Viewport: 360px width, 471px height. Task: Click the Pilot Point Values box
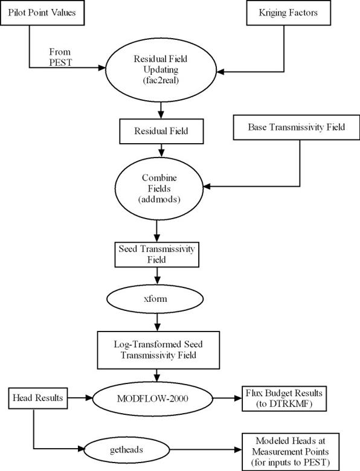tap(42, 13)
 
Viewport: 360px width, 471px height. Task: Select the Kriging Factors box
tap(289, 13)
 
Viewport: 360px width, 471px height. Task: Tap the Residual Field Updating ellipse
tap(161, 70)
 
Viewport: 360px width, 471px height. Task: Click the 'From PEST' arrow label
tap(60, 57)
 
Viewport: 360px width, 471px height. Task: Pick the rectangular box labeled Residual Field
tap(161, 131)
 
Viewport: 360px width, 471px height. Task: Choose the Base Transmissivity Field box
tap(297, 127)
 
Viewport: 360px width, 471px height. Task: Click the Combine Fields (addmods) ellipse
tap(159, 188)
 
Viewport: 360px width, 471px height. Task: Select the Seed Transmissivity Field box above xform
tap(156, 254)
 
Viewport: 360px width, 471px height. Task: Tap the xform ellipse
tap(155, 299)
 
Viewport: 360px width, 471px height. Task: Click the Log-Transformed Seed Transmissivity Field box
tap(158, 350)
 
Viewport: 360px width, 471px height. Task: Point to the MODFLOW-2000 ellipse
tap(153, 399)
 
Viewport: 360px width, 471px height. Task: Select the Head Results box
tap(38, 398)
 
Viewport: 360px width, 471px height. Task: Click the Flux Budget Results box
tap(284, 399)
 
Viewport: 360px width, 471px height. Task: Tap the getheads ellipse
tap(126, 450)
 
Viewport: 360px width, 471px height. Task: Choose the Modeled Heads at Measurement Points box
tap(291, 452)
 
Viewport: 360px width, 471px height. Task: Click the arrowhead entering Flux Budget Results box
tap(239, 399)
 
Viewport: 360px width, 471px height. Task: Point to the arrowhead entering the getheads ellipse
tap(81, 449)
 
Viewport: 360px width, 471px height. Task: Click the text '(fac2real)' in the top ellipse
tap(161, 80)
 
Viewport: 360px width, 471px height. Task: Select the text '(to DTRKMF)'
tap(284, 404)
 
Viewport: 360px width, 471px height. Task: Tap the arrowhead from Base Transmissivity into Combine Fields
tap(207, 187)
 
